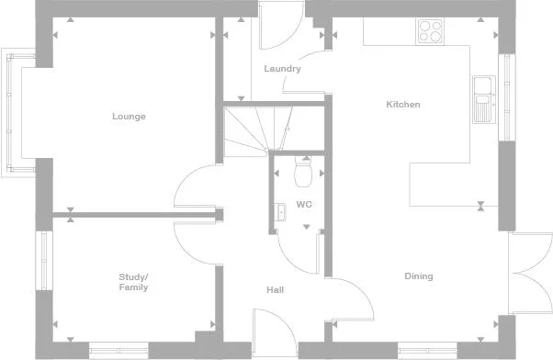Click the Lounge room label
pyautogui.click(x=129, y=117)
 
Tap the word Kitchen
pyautogui.click(x=402, y=105)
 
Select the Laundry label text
pyautogui.click(x=282, y=69)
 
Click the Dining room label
pyautogui.click(x=419, y=276)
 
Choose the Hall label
pyautogui.click(x=275, y=290)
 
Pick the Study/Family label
pyautogui.click(x=133, y=282)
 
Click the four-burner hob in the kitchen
pyautogui.click(x=430, y=31)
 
